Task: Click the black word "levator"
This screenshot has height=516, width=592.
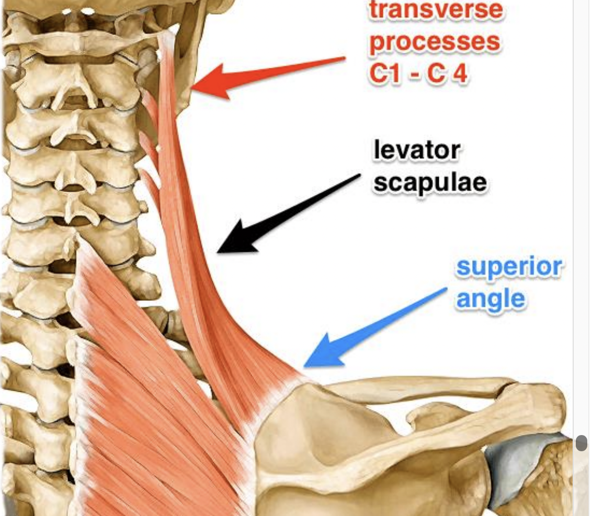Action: click(x=417, y=151)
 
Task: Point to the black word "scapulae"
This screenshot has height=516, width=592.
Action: click(x=430, y=183)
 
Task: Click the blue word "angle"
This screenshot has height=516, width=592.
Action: click(x=491, y=299)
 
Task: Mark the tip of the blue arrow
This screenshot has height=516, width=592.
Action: click(x=305, y=366)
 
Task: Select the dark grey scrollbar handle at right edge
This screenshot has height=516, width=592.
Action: click(x=581, y=443)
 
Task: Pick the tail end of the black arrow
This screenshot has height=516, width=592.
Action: click(x=360, y=176)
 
